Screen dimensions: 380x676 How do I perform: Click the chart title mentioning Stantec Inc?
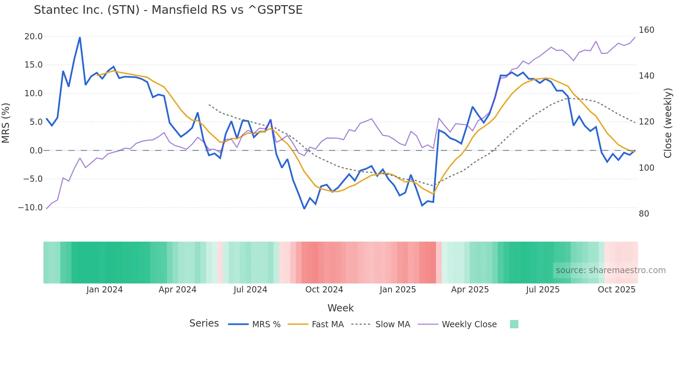tap(168, 10)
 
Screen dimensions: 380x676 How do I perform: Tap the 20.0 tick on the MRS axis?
tap(33, 37)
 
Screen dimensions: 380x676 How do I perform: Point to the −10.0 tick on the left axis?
tap(30, 208)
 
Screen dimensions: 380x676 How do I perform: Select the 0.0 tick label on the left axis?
tap(36, 151)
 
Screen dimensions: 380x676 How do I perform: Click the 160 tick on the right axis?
tap(646, 30)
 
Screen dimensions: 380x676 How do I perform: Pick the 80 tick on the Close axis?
tap(644, 214)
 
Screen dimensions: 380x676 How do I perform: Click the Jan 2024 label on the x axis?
tap(105, 290)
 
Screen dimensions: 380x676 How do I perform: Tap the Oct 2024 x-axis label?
tap(324, 290)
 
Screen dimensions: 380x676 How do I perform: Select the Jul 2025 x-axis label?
tap(543, 290)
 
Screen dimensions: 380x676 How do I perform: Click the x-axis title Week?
tap(340, 308)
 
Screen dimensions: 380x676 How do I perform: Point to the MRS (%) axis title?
tap(6, 123)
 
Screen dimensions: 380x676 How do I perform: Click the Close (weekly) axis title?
tap(668, 123)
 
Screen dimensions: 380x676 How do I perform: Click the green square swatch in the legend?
tap(514, 324)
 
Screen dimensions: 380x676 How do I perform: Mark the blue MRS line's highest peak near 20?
tap(80, 38)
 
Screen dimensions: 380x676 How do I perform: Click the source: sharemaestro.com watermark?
tap(610, 270)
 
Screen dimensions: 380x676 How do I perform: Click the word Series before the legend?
tap(204, 323)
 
